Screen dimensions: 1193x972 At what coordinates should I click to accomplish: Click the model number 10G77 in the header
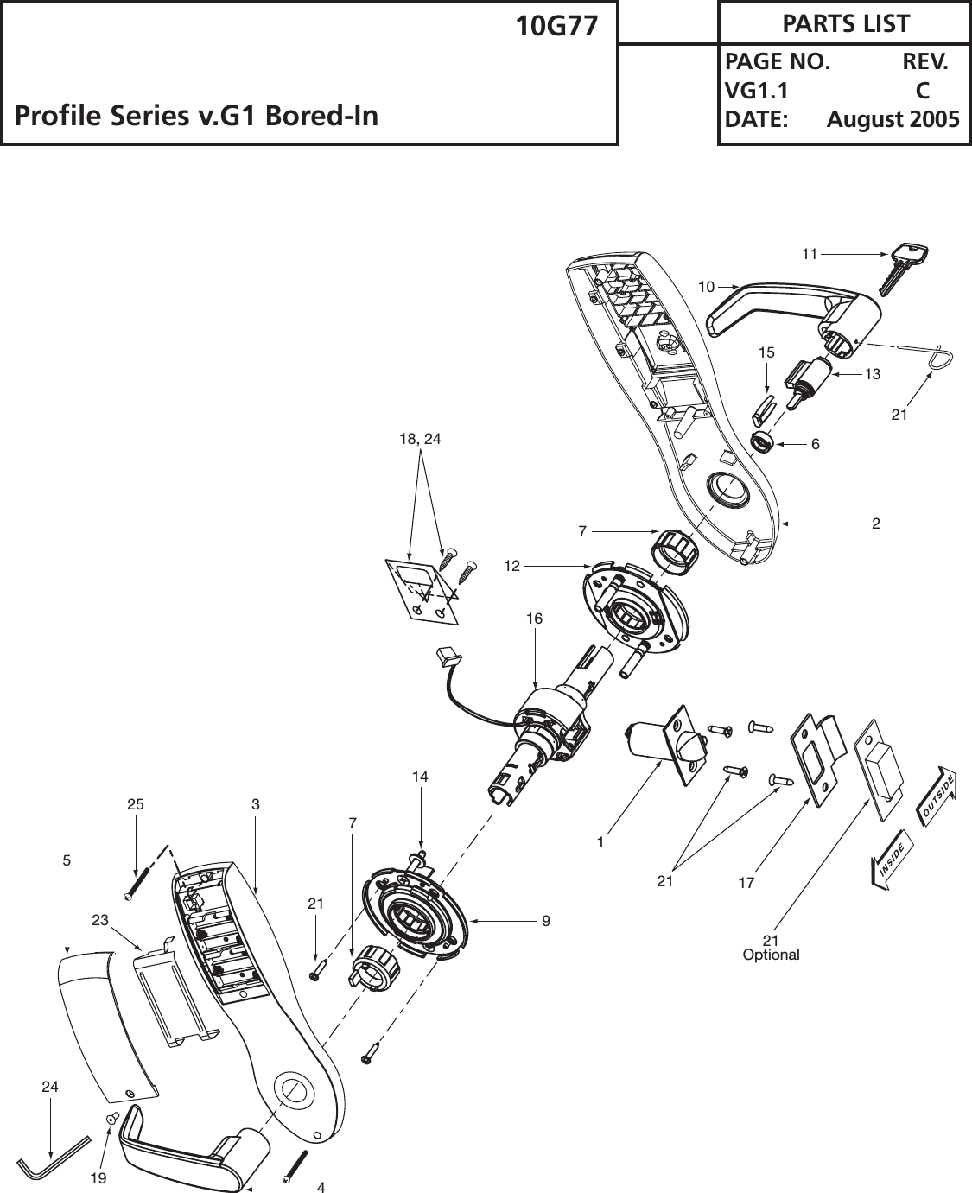pyautogui.click(x=556, y=27)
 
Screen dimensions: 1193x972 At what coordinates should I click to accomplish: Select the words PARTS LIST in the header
pyautogui.click(x=845, y=23)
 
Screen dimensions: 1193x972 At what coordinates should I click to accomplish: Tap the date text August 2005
pyautogui.click(x=893, y=119)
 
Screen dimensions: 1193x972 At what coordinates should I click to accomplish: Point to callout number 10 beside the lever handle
pyautogui.click(x=707, y=286)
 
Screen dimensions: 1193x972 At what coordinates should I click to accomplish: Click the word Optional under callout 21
pyautogui.click(x=772, y=955)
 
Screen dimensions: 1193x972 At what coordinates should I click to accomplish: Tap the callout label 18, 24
pyautogui.click(x=420, y=439)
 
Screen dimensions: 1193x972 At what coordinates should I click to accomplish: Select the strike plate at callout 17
pyautogui.click(x=818, y=758)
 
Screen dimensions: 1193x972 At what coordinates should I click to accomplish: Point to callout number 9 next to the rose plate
pyautogui.click(x=546, y=922)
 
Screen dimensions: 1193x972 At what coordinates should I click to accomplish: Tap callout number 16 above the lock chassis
pyautogui.click(x=534, y=619)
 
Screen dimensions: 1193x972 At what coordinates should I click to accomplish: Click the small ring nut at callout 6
pyautogui.click(x=760, y=442)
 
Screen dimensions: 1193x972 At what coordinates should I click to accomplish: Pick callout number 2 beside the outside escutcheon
pyautogui.click(x=876, y=524)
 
